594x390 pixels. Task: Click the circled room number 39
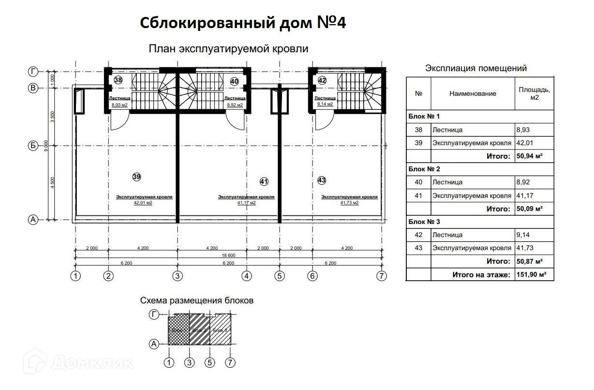136,177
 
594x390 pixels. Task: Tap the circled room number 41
264,182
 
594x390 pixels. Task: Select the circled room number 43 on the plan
322,180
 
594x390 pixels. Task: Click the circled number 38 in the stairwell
118,80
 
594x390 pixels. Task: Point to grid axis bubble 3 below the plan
178,276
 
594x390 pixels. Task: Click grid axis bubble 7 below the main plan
382,276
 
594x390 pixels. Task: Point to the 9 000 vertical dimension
45,145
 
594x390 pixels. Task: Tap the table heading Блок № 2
424,169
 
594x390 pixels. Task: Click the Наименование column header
472,93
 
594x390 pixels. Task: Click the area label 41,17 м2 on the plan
246,203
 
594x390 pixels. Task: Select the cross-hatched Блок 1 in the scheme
178,330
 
